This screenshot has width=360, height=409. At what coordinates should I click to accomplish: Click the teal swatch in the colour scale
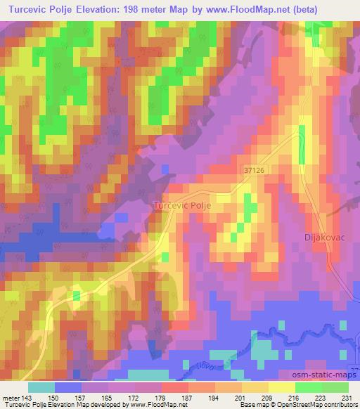pos(41,387)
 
